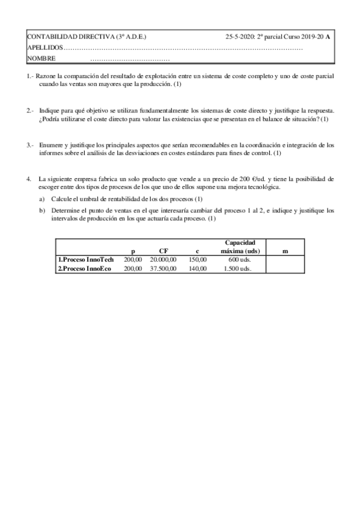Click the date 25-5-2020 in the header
click(x=240, y=37)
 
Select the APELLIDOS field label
click(x=44, y=48)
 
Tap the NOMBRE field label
click(x=41, y=58)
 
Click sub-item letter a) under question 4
click(x=42, y=198)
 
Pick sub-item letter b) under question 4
click(x=42, y=210)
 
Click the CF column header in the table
click(x=163, y=251)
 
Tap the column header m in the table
click(x=284, y=251)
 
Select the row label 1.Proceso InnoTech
click(x=84, y=259)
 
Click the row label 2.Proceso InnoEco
click(x=84, y=268)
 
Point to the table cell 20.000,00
click(x=163, y=259)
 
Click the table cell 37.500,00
click(x=163, y=268)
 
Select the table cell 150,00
click(x=197, y=259)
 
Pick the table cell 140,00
click(x=197, y=268)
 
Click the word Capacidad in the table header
click(x=240, y=242)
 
